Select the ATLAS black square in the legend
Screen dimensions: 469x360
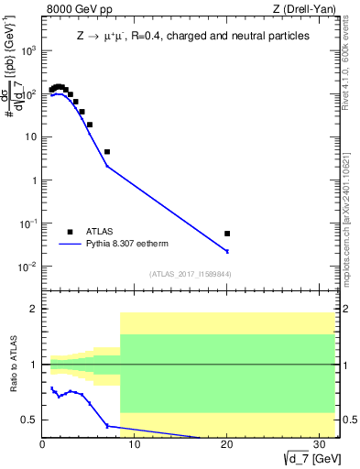tap(70, 232)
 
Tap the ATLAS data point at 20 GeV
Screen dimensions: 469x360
tap(227, 234)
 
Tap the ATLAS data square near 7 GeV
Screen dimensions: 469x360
tap(107, 152)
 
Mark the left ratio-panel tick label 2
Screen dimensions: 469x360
tap(34, 309)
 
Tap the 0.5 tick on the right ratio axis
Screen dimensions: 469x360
tap(349, 420)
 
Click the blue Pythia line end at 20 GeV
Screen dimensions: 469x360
tap(227, 251)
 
